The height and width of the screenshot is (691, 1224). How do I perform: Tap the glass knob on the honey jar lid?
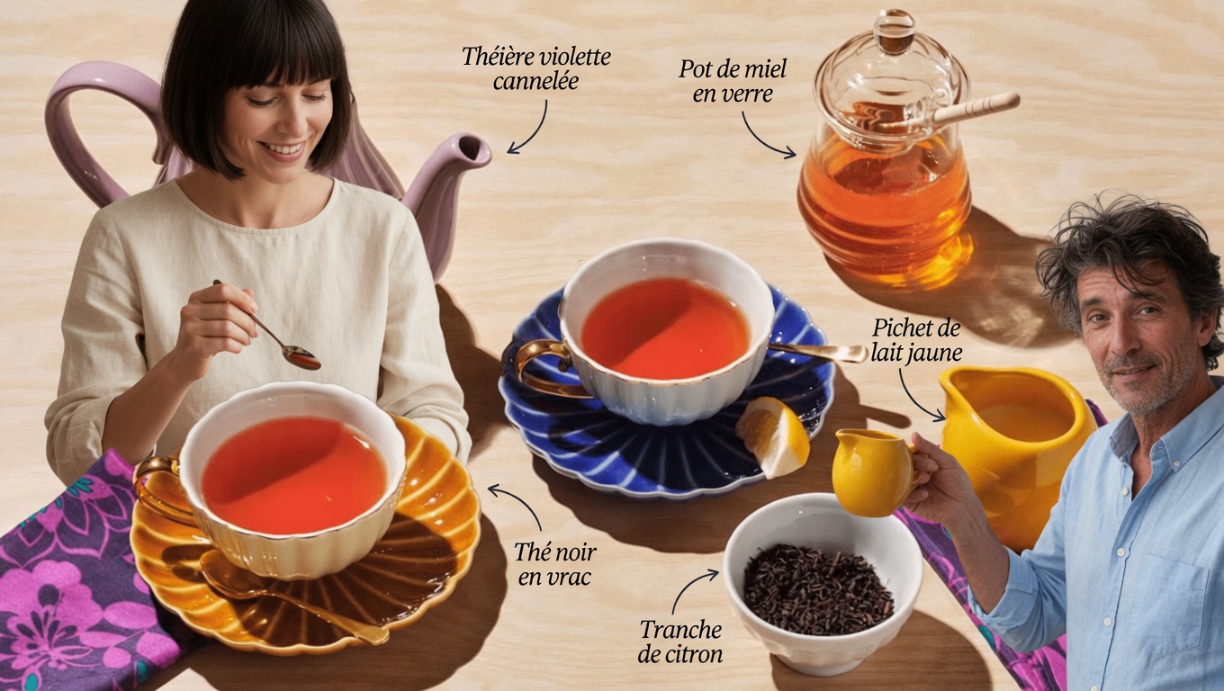click(894, 31)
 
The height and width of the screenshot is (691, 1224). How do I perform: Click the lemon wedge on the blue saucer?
click(773, 436)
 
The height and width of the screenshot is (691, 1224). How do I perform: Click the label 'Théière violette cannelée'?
click(536, 68)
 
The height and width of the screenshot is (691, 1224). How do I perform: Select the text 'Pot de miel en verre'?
click(733, 81)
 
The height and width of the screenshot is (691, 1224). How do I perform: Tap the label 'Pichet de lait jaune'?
click(916, 340)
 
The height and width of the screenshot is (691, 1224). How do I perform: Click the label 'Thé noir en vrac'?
click(554, 564)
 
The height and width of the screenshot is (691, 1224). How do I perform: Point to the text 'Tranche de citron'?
click(680, 642)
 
